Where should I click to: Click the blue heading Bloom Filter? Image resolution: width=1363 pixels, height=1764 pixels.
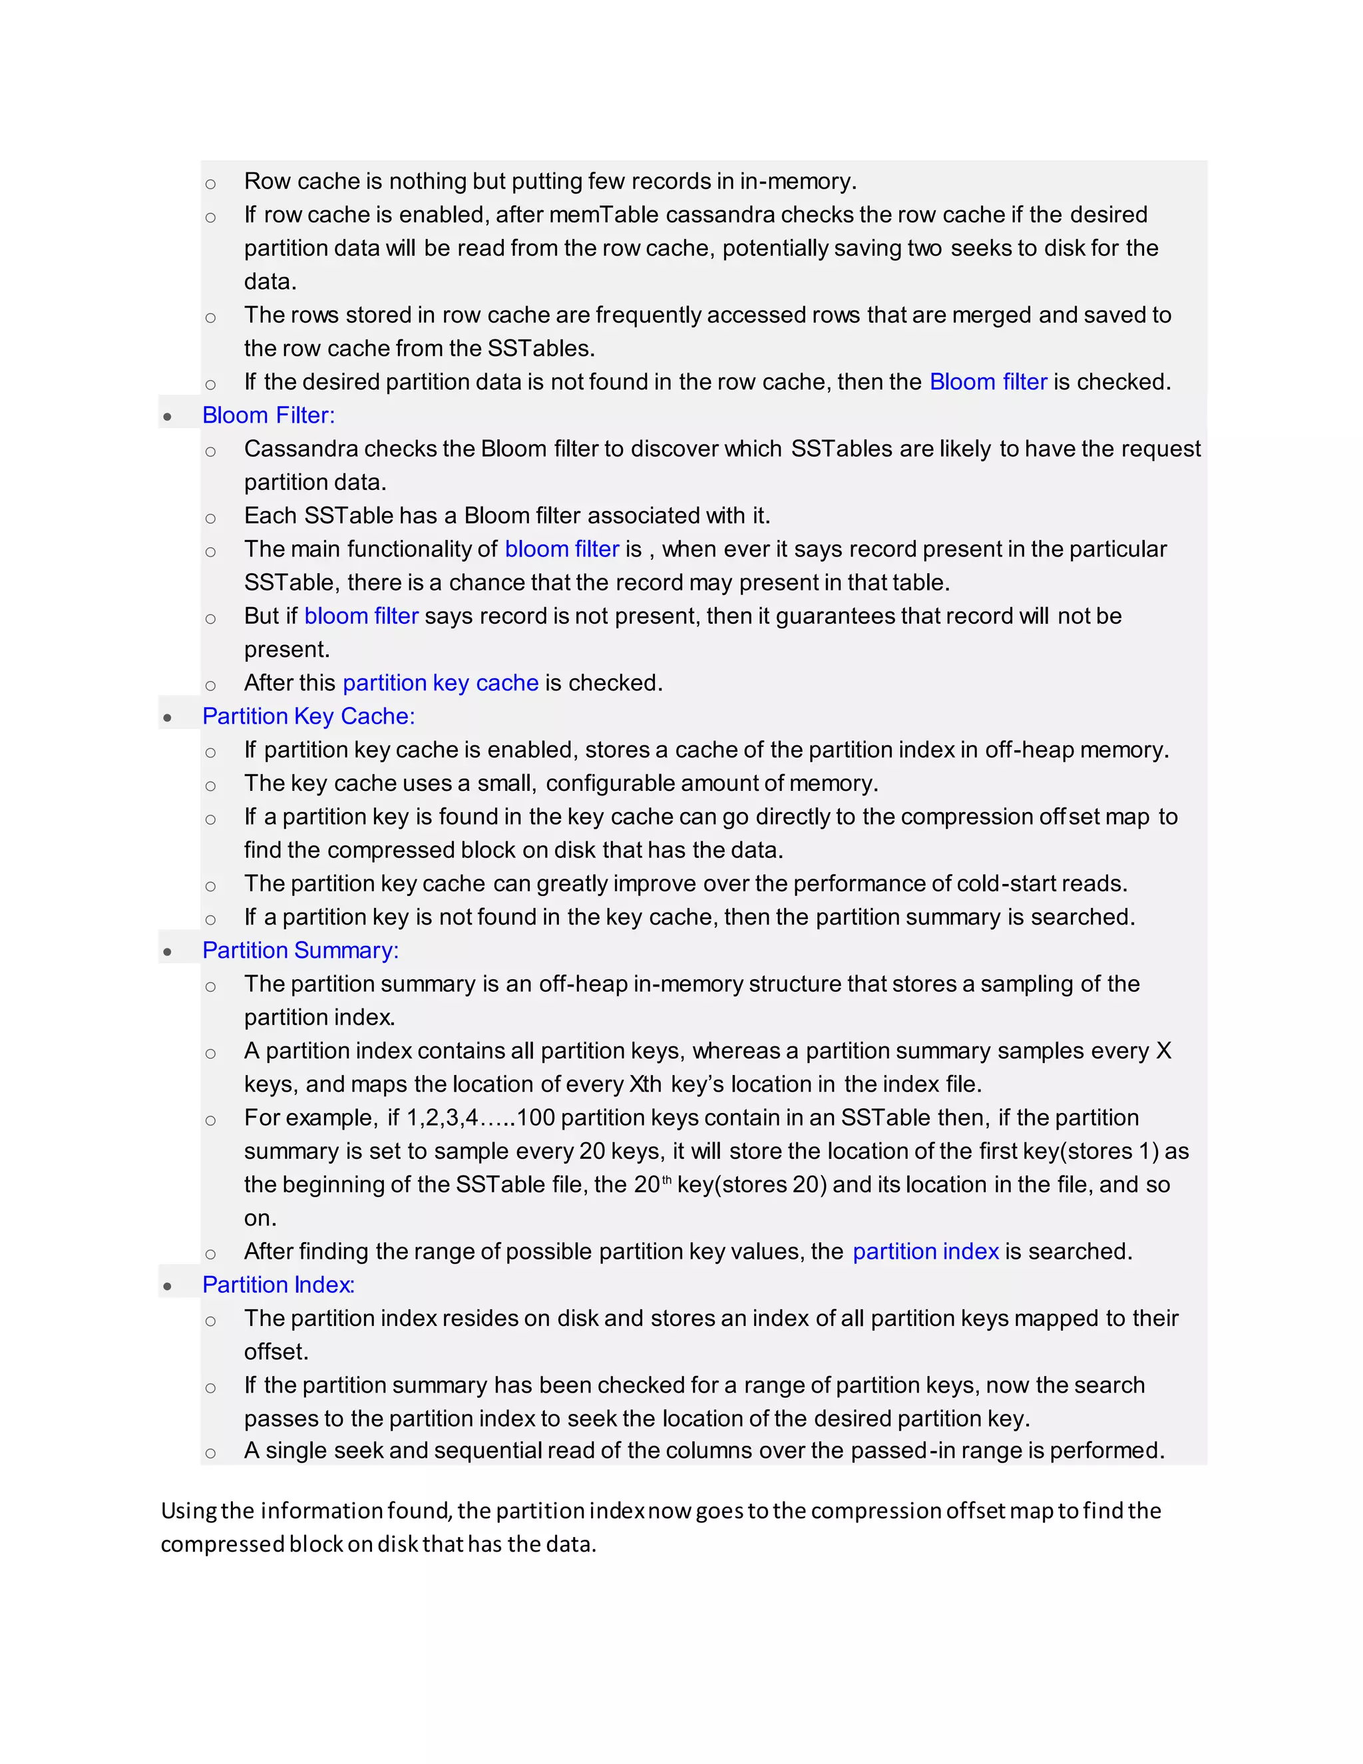(268, 415)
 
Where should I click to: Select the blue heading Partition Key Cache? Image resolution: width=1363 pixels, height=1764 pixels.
(308, 716)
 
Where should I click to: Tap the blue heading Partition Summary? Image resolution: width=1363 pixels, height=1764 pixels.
(300, 951)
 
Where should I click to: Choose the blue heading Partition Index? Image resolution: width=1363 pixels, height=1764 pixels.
(279, 1285)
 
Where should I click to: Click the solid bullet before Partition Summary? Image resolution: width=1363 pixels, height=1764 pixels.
(167, 953)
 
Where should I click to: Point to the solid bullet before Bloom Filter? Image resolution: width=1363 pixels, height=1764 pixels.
(167, 417)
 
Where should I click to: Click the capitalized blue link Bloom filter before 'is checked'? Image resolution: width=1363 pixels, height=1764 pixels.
(988, 382)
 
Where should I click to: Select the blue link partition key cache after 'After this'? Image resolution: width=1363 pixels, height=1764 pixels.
(440, 684)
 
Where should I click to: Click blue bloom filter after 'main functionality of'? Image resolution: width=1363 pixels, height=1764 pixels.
(561, 549)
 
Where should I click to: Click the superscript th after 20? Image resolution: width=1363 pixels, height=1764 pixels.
(666, 1180)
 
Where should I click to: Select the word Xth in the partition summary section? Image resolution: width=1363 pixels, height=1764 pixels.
(645, 1085)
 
